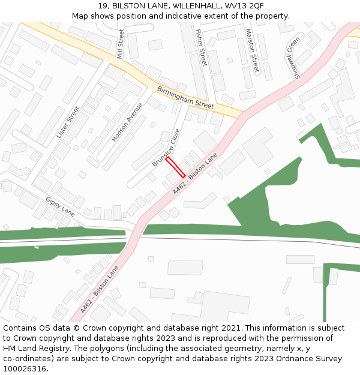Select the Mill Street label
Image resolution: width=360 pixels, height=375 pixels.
tap(121, 43)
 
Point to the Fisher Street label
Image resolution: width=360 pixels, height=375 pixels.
tap(200, 47)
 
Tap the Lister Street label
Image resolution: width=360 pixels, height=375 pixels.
tap(68, 122)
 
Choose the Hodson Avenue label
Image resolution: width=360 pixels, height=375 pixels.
tap(127, 122)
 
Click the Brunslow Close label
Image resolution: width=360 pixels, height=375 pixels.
tap(166, 148)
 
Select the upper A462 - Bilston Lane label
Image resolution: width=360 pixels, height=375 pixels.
tap(195, 173)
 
